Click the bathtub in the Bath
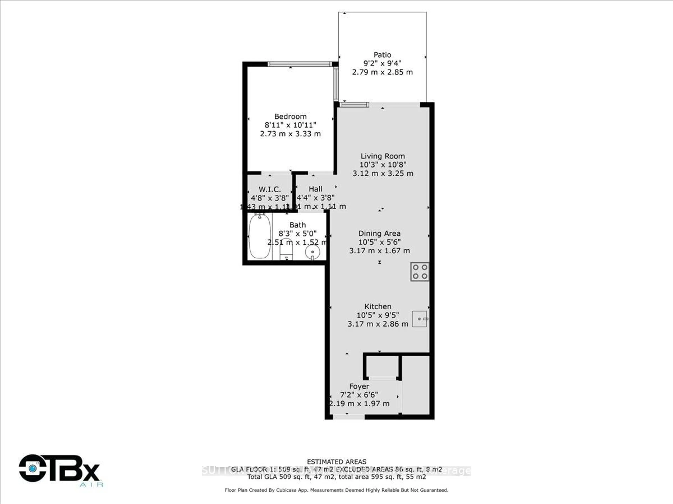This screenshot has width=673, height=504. [260, 236]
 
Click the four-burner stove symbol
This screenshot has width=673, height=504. [420, 272]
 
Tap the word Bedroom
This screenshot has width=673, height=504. [290, 116]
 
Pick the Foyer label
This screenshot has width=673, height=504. [359, 386]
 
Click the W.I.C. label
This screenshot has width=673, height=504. [270, 189]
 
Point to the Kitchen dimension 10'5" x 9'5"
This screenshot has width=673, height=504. [378, 315]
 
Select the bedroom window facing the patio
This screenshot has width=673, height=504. [336, 83]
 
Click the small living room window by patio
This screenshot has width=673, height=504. [354, 105]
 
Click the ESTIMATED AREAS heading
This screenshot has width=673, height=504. [336, 462]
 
